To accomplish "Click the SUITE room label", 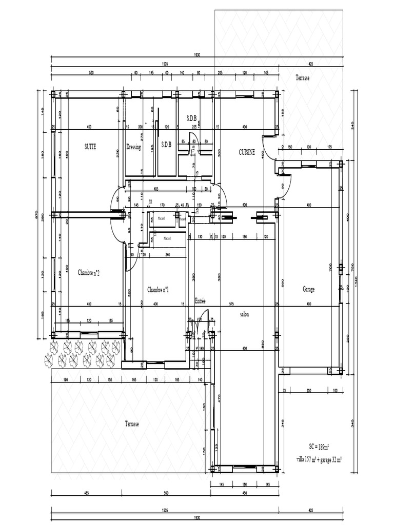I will tap(90, 146).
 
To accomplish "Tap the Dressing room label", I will tap(133, 147).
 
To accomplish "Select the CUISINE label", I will tap(247, 152).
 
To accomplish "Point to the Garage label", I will tap(308, 289).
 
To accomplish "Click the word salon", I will tap(244, 314).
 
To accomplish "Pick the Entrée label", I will tap(200, 301).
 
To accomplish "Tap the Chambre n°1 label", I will tap(158, 290).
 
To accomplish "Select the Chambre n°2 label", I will tap(89, 272).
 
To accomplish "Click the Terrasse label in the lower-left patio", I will tap(132, 424).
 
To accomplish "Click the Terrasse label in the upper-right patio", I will tap(303, 78).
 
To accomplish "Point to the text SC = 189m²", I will tap(319, 447).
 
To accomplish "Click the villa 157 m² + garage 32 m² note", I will tap(319, 459).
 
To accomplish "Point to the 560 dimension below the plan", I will tap(166, 494).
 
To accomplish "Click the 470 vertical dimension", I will tap(219, 397).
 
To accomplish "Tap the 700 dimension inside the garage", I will tap(331, 267).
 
